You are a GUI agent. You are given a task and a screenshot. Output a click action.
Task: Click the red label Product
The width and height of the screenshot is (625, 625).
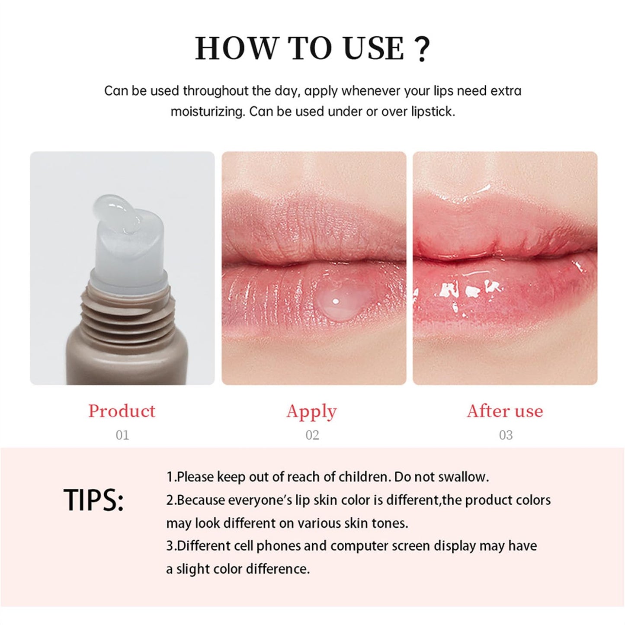tap(122, 411)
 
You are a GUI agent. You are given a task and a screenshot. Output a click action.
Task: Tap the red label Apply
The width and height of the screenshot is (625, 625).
tap(311, 412)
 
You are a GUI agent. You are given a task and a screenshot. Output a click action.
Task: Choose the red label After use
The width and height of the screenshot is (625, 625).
tap(505, 411)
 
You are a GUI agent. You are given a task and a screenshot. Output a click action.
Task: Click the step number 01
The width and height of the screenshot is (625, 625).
tap(122, 435)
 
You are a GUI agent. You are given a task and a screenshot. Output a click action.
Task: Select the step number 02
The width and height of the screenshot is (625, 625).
tap(312, 435)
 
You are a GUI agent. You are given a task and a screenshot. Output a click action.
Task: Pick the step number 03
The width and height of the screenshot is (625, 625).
tap(506, 435)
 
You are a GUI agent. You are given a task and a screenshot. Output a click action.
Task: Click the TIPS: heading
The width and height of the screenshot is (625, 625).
tap(93, 500)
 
